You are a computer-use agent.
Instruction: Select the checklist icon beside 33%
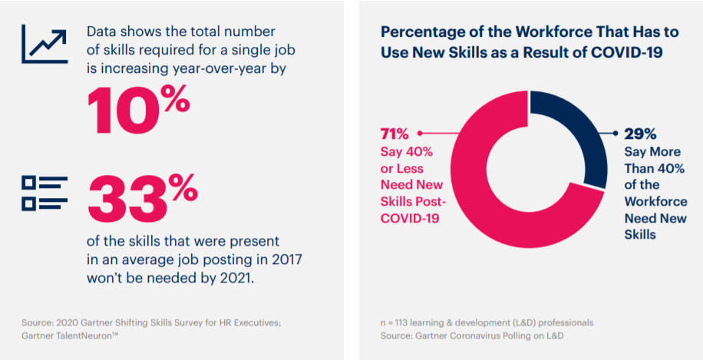[x=45, y=192]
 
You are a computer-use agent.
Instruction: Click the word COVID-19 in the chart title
[x=630, y=53]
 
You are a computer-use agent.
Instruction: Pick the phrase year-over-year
[x=229, y=68]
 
